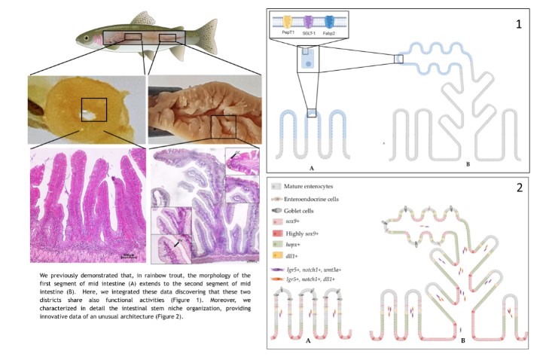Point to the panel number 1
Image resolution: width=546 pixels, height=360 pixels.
tap(518, 23)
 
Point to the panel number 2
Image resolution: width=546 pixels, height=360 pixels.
tap(518, 186)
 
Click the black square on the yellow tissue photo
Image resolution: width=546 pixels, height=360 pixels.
tap(93, 110)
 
